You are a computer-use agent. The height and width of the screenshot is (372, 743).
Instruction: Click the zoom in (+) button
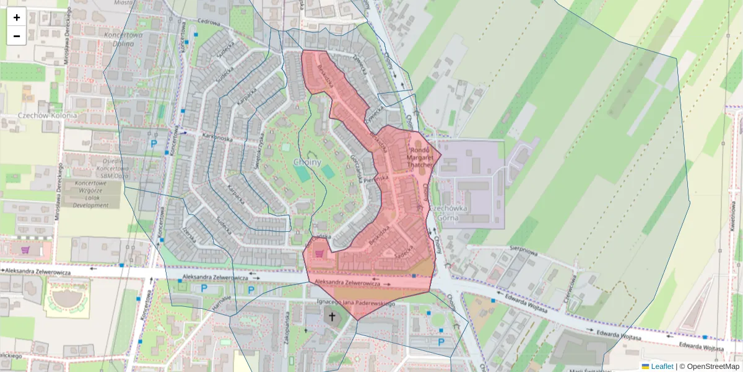tap(17, 17)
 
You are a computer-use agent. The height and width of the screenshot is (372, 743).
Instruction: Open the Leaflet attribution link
tap(661, 366)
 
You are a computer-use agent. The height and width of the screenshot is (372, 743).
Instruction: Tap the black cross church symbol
tap(332, 317)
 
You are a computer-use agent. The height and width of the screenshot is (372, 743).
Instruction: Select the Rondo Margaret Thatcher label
tap(421, 157)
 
